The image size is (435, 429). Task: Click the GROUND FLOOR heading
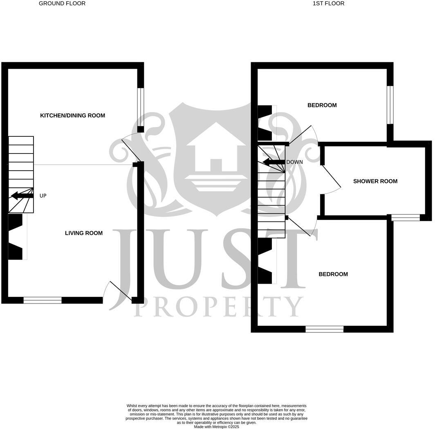point(62,3)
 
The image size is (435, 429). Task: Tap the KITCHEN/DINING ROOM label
point(72,115)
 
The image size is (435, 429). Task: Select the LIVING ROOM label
point(84,233)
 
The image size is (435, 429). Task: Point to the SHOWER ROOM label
point(375,181)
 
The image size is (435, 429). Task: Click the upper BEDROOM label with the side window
point(322,105)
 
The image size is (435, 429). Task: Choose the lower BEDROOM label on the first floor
point(333,274)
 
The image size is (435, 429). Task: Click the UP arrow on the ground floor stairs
point(22,195)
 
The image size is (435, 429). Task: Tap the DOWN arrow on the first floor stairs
point(274,162)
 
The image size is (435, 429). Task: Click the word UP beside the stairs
point(43,196)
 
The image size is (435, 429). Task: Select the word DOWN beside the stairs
point(294,162)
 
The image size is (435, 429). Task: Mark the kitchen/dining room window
point(140,107)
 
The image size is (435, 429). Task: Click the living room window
point(43,300)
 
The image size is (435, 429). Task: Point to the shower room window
point(405,217)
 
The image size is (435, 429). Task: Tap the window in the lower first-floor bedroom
point(325,329)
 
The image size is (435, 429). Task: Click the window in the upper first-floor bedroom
point(390,104)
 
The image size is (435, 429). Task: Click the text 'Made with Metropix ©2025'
point(216,427)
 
